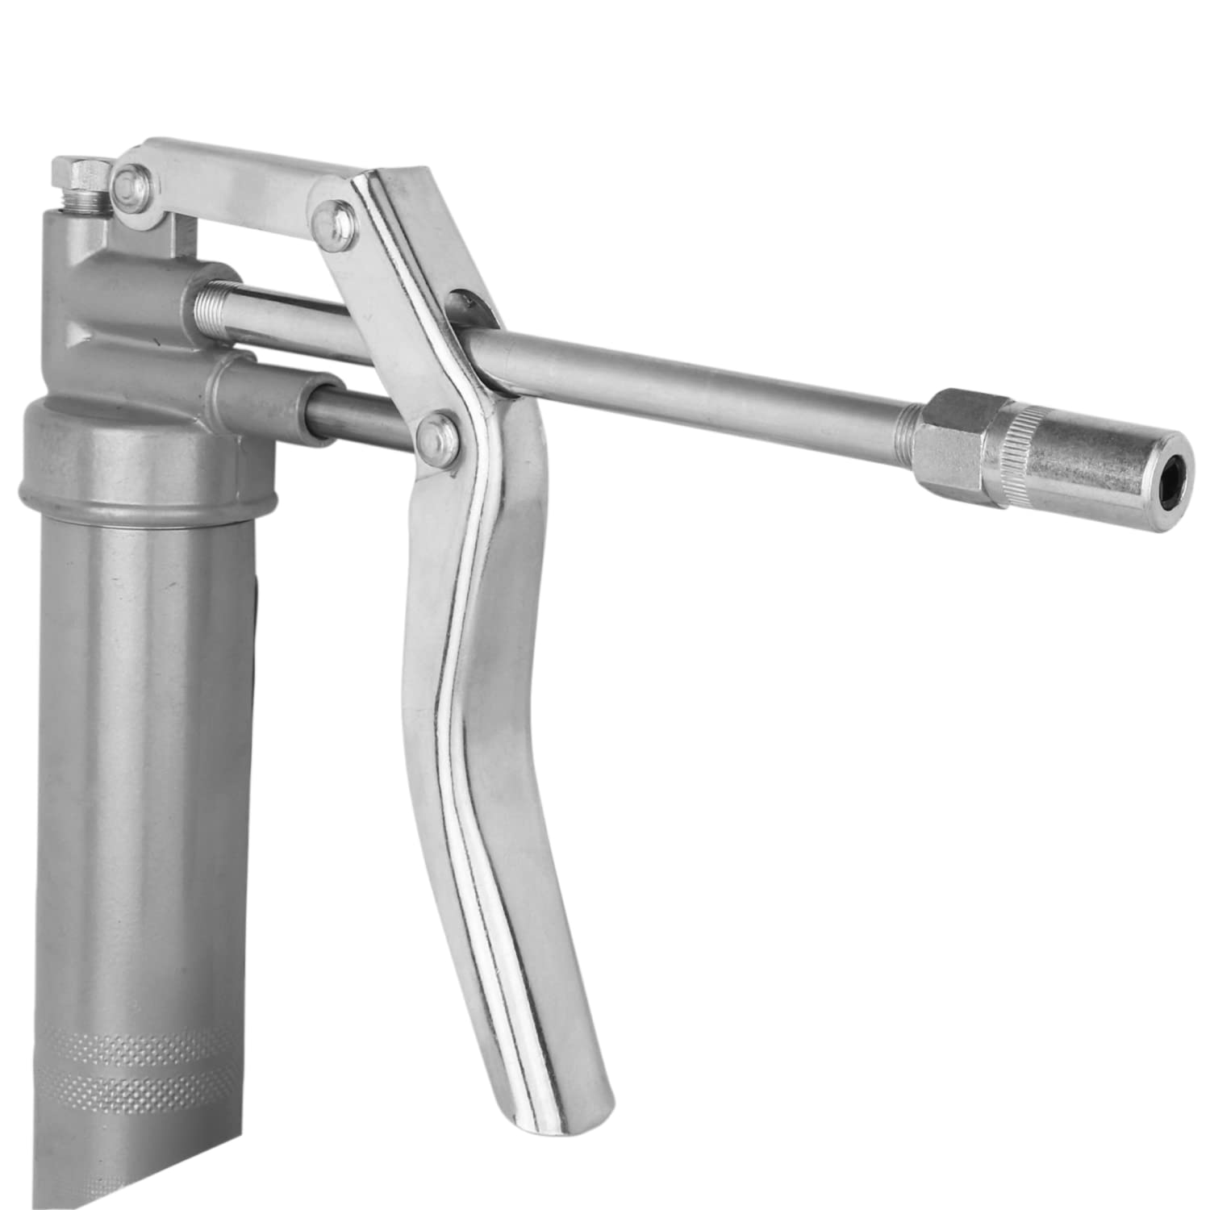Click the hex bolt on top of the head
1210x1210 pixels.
(x=77, y=174)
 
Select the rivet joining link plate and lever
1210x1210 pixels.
(x=331, y=214)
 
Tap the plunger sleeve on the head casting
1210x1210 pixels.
(x=266, y=391)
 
